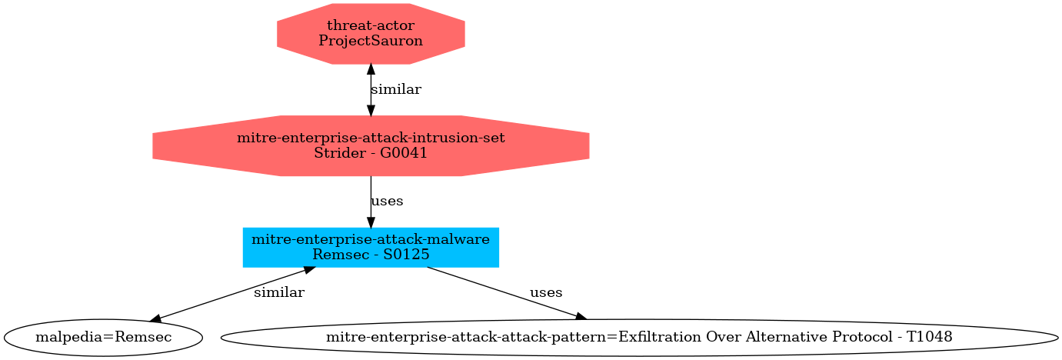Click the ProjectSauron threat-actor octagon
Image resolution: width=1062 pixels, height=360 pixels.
coord(371,33)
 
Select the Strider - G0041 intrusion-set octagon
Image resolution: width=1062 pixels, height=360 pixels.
coord(371,145)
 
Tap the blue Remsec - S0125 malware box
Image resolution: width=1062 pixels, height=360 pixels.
coord(371,247)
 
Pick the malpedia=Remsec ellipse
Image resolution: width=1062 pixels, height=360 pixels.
coord(103,337)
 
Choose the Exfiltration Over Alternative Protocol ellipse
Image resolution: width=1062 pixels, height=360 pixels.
coord(639,337)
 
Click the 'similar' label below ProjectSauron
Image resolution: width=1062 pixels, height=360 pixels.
coord(395,89)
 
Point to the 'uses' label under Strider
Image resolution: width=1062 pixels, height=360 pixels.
coord(387,201)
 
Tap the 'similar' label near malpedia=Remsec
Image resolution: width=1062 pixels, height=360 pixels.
coord(278,292)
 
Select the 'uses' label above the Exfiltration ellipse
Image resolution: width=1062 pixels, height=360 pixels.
coord(546,292)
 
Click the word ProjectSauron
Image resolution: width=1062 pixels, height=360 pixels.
coord(371,40)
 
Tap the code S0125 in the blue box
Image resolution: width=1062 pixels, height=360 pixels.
coord(406,254)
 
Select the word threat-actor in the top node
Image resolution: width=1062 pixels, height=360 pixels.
coord(371,26)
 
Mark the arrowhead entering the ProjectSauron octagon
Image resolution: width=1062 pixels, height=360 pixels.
coord(371,69)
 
